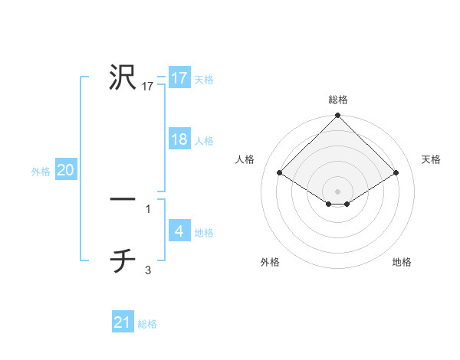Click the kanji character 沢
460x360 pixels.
point(123,77)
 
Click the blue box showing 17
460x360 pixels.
point(179,78)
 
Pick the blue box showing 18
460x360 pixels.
point(179,139)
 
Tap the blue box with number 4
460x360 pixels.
point(179,231)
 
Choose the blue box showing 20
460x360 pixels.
point(65,170)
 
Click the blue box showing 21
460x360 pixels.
point(123,322)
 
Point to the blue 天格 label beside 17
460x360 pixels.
point(204,79)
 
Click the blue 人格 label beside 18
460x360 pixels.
point(204,140)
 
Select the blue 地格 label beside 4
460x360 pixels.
point(204,232)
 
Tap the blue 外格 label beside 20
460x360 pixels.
point(41,172)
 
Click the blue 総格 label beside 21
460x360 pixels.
point(147,324)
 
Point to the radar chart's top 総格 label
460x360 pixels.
point(337,100)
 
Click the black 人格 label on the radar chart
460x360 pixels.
point(246,159)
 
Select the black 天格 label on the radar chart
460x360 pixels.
point(431,159)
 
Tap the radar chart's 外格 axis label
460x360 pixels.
point(270,262)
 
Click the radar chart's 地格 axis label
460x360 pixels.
point(402,262)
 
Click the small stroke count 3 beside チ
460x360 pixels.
point(148,270)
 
